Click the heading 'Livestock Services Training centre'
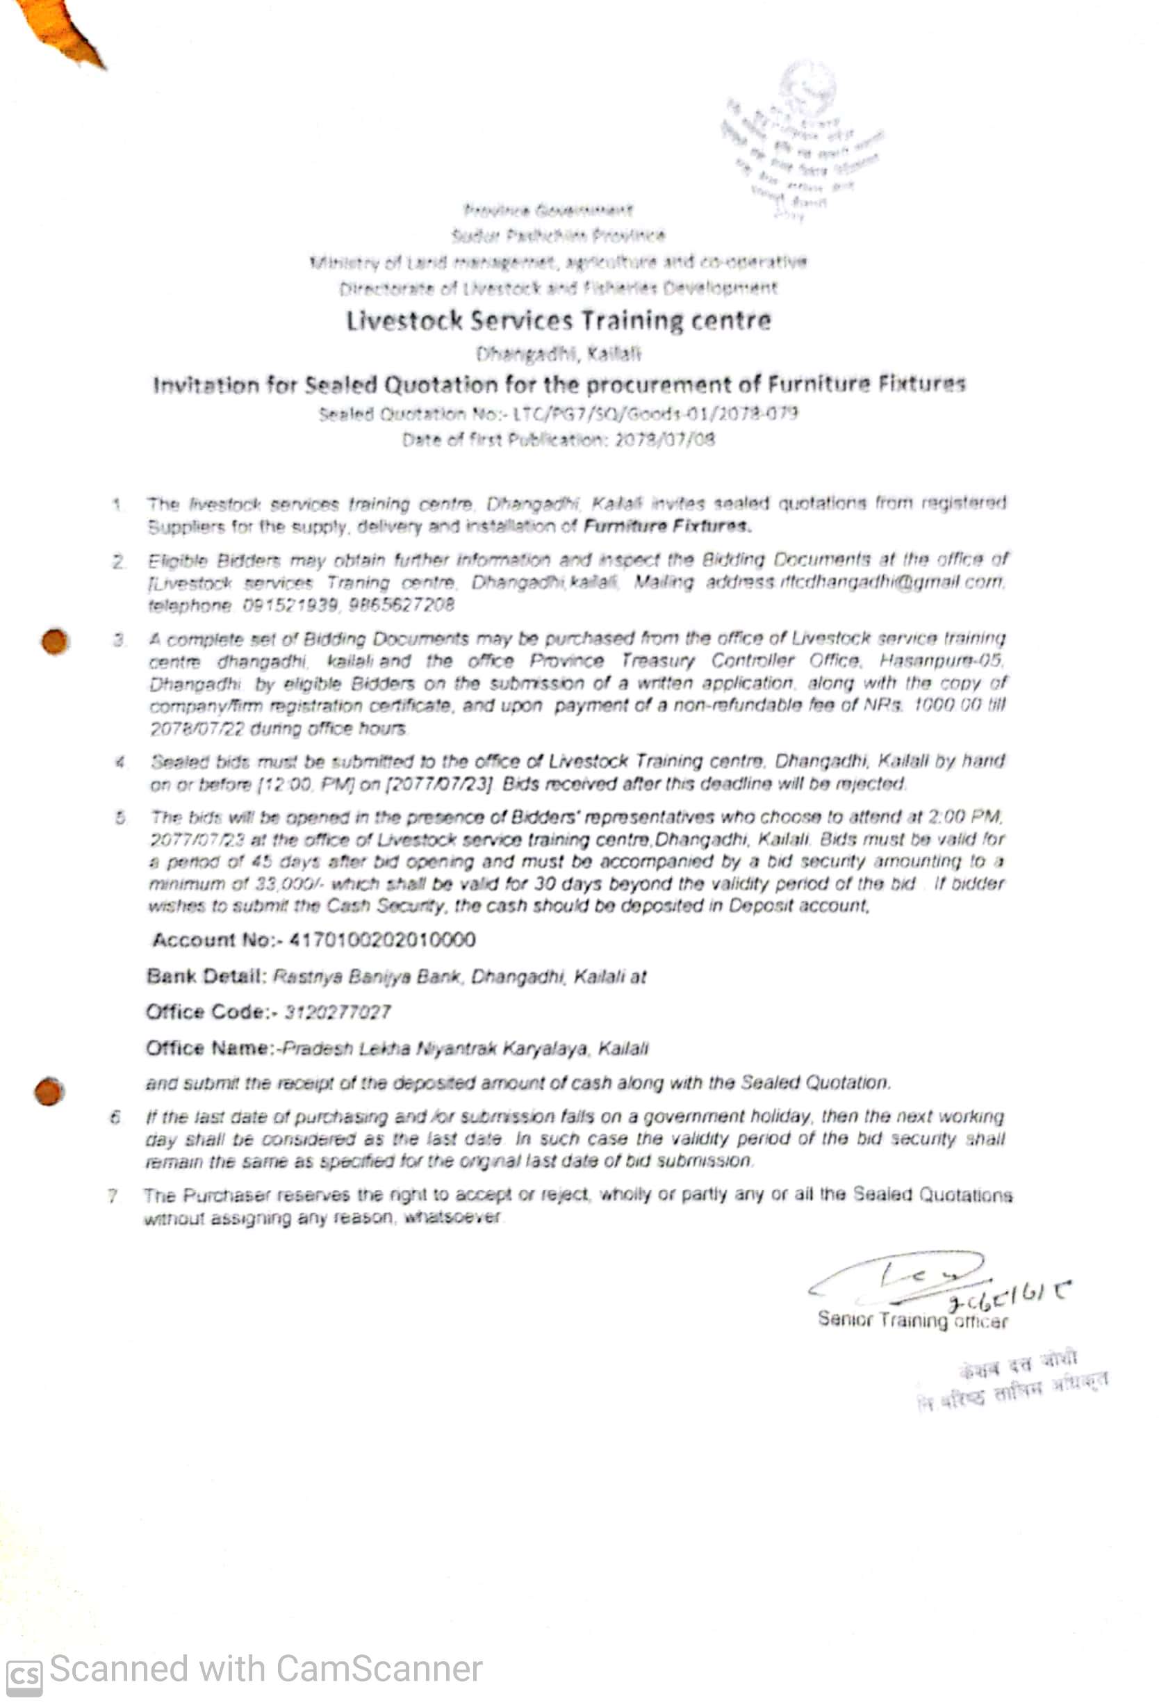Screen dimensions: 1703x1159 558,321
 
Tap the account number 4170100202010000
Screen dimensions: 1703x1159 381,940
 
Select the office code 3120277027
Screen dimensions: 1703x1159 337,1012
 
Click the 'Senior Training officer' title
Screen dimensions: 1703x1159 912,1321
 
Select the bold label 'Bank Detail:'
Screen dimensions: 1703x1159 206,976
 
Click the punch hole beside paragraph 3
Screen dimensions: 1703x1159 55,642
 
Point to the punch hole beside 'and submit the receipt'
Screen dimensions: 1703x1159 49,1091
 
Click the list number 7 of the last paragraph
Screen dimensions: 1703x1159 112,1197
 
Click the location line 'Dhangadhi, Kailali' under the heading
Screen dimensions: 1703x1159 558,355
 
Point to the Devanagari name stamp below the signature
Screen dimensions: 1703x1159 1014,1380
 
